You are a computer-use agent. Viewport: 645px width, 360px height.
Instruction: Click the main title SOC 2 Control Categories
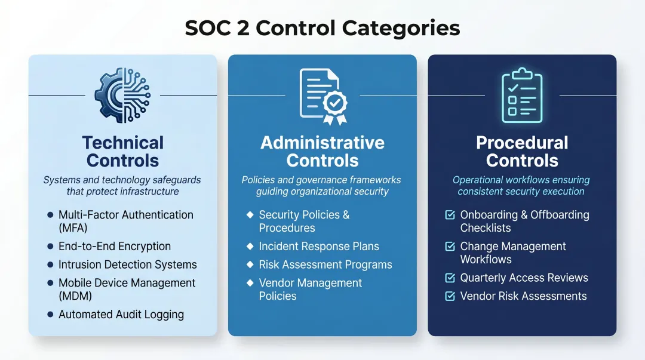point(322,28)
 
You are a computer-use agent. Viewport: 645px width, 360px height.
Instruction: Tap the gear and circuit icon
point(122,96)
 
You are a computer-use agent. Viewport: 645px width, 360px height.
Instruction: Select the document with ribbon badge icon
point(322,96)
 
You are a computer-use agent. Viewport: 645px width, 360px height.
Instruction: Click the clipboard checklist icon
point(521,96)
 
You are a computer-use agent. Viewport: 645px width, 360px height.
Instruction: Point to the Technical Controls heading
point(122,152)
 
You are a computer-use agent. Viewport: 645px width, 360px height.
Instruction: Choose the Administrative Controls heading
point(322,152)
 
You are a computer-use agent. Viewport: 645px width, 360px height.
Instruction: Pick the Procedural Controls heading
point(522,152)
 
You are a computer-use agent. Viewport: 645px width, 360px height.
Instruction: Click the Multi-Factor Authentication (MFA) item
point(125,221)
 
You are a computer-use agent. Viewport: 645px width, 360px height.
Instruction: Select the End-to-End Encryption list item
point(115,247)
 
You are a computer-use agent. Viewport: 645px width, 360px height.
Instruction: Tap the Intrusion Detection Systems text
point(127,264)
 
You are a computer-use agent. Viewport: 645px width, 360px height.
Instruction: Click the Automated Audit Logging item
point(121,315)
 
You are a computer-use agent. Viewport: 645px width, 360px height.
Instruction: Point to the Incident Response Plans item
point(319,247)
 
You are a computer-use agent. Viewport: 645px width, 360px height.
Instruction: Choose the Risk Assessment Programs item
point(325,264)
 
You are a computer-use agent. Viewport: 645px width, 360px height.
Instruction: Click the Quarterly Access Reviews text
point(524,278)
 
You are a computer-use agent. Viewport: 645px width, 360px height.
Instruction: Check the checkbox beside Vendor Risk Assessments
point(450,296)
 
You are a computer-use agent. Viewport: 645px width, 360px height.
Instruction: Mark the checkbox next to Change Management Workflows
point(450,247)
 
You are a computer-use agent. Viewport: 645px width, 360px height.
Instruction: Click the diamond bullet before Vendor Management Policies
point(250,283)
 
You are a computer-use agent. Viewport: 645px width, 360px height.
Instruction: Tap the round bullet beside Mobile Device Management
point(50,283)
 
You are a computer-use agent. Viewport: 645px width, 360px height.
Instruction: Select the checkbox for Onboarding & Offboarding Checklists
point(450,215)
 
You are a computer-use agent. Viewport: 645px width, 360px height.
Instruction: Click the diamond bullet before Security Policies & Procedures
point(250,215)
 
